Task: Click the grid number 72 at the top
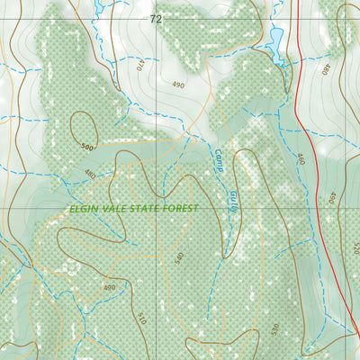157,18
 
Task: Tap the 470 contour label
140,65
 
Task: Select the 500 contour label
86,146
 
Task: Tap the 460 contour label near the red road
301,160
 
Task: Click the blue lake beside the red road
275,38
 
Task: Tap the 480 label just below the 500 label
90,174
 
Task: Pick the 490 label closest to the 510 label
110,288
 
